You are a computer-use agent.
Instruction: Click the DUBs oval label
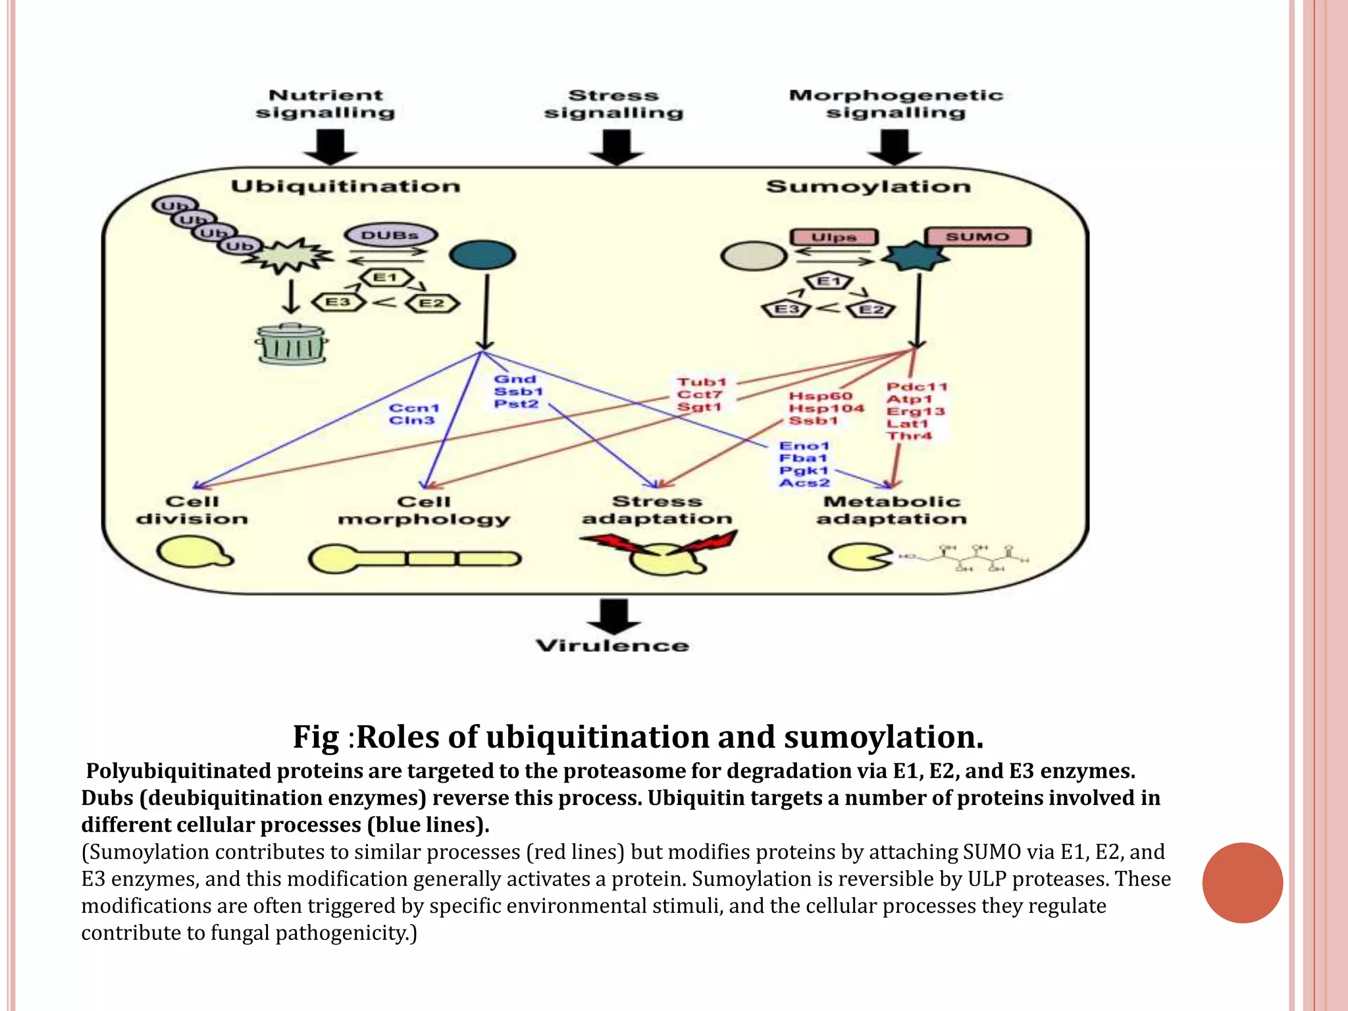pyautogui.click(x=390, y=235)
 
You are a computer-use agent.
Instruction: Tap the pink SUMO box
pyautogui.click(x=977, y=237)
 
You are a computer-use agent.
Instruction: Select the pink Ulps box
pyautogui.click(x=834, y=237)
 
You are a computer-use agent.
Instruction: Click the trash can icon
pyautogui.click(x=291, y=344)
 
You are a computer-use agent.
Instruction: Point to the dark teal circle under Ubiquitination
pyautogui.click(x=482, y=255)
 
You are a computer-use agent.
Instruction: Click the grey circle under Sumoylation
pyautogui.click(x=753, y=256)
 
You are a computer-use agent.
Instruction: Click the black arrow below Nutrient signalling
pyautogui.click(x=330, y=147)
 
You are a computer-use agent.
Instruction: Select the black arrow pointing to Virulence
pyautogui.click(x=613, y=616)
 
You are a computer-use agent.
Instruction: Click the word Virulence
pyautogui.click(x=612, y=646)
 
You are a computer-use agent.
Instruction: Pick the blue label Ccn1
pyautogui.click(x=413, y=408)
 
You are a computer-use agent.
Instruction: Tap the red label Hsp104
pyautogui.click(x=826, y=408)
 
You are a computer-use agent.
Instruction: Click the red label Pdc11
pyautogui.click(x=916, y=386)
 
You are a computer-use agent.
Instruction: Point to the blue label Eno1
pyautogui.click(x=804, y=446)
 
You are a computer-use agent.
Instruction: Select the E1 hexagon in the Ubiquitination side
pyautogui.click(x=386, y=278)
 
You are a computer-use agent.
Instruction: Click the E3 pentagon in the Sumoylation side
pyautogui.click(x=786, y=309)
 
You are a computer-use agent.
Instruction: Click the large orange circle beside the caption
pyautogui.click(x=1242, y=883)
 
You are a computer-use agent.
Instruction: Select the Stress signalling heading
pyautogui.click(x=613, y=104)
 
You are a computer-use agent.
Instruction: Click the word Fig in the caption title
pyautogui.click(x=315, y=737)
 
